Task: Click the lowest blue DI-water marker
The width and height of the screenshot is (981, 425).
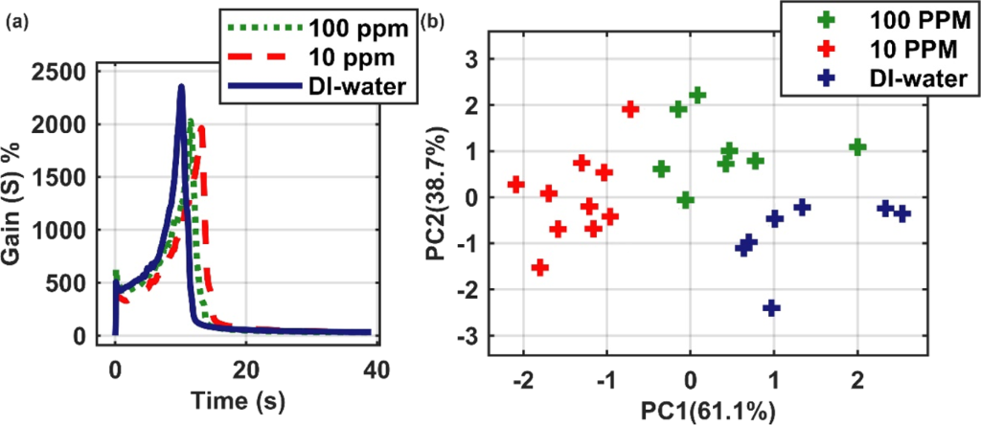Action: click(771, 307)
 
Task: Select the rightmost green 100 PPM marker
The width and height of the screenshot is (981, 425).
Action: click(857, 146)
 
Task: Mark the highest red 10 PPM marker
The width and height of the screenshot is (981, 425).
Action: click(629, 109)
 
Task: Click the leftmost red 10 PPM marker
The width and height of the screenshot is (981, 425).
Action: click(515, 184)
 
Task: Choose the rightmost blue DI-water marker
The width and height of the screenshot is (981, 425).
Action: click(901, 213)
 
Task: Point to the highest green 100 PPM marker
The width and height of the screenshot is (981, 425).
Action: click(697, 94)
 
